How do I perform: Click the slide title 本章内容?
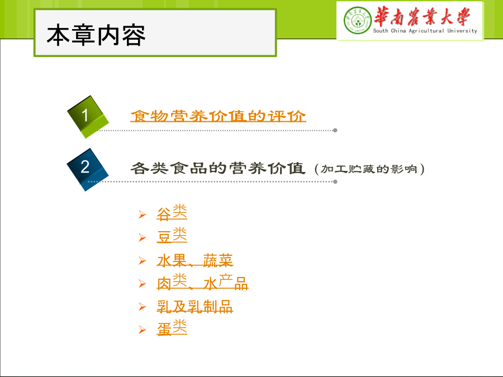[x=96, y=35]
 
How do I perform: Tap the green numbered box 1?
[x=88, y=117]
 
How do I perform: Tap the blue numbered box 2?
[x=87, y=170]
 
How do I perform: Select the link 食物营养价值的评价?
[x=218, y=116]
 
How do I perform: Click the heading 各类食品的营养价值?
[x=218, y=168]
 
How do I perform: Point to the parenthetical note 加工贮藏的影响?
[x=369, y=169]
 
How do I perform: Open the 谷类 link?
[x=172, y=213]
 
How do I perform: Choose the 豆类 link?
[x=172, y=235]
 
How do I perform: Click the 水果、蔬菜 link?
[x=195, y=260]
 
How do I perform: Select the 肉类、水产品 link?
[x=203, y=282]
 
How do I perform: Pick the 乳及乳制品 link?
[x=195, y=307]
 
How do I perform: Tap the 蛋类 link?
[x=172, y=328]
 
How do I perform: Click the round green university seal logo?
[x=357, y=20]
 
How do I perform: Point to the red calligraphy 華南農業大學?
[x=422, y=16]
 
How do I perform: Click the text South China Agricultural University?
[x=425, y=31]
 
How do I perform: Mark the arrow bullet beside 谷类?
[x=143, y=214]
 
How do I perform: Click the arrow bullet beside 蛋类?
[x=143, y=330]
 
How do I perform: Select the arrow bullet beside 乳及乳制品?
[x=143, y=307]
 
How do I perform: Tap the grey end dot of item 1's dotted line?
[x=335, y=130]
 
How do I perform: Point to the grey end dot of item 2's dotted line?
[x=335, y=182]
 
